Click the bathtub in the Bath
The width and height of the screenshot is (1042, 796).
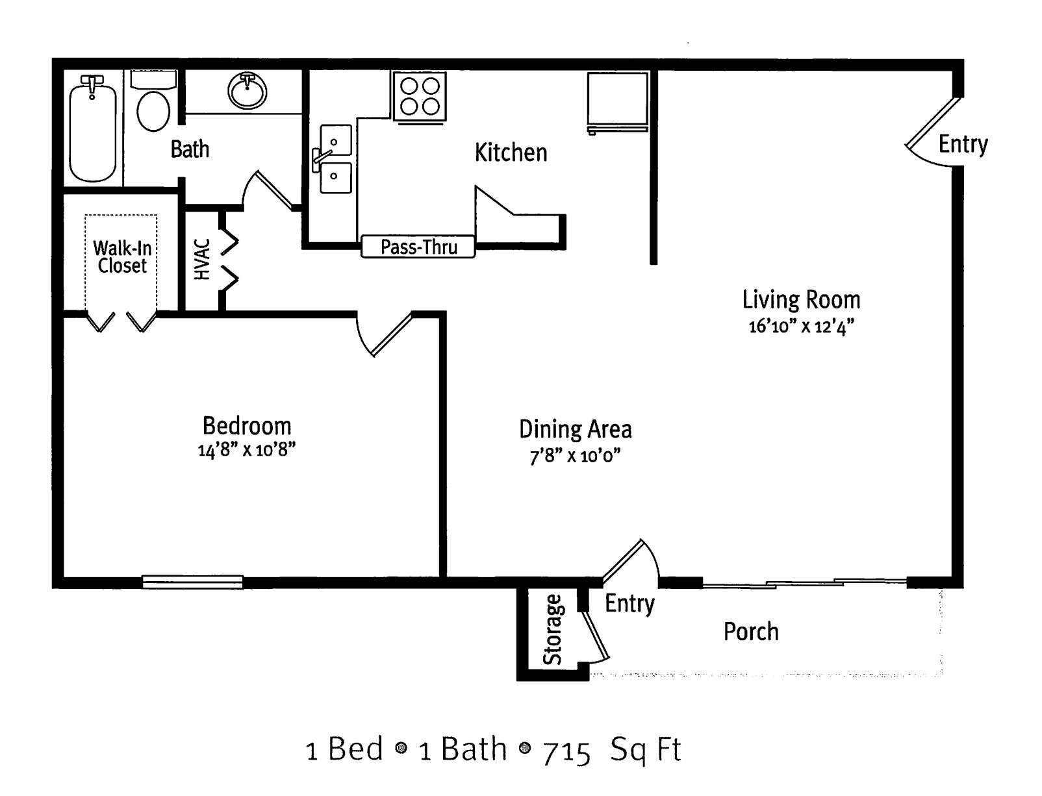pos(92,128)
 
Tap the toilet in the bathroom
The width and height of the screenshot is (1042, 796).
pos(153,101)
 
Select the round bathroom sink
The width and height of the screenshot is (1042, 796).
pos(247,91)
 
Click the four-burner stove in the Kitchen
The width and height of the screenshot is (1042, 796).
pos(420,96)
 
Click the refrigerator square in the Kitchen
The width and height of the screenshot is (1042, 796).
pos(617,101)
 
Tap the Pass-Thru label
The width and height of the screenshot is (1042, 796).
pos(419,247)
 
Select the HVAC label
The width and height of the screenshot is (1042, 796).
pos(202,260)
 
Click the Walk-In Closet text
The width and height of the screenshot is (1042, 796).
pos(122,257)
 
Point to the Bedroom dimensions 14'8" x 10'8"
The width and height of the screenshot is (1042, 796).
pos(247,449)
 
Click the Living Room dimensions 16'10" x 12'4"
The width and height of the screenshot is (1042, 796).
pos(802,327)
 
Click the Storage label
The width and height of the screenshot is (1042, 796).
pos(552,630)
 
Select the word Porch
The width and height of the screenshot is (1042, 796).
pos(751,631)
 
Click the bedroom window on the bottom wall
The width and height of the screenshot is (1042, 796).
pos(193,582)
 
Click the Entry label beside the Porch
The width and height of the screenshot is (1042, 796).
pos(629,603)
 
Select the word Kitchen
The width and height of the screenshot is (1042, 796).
pos(511,153)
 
